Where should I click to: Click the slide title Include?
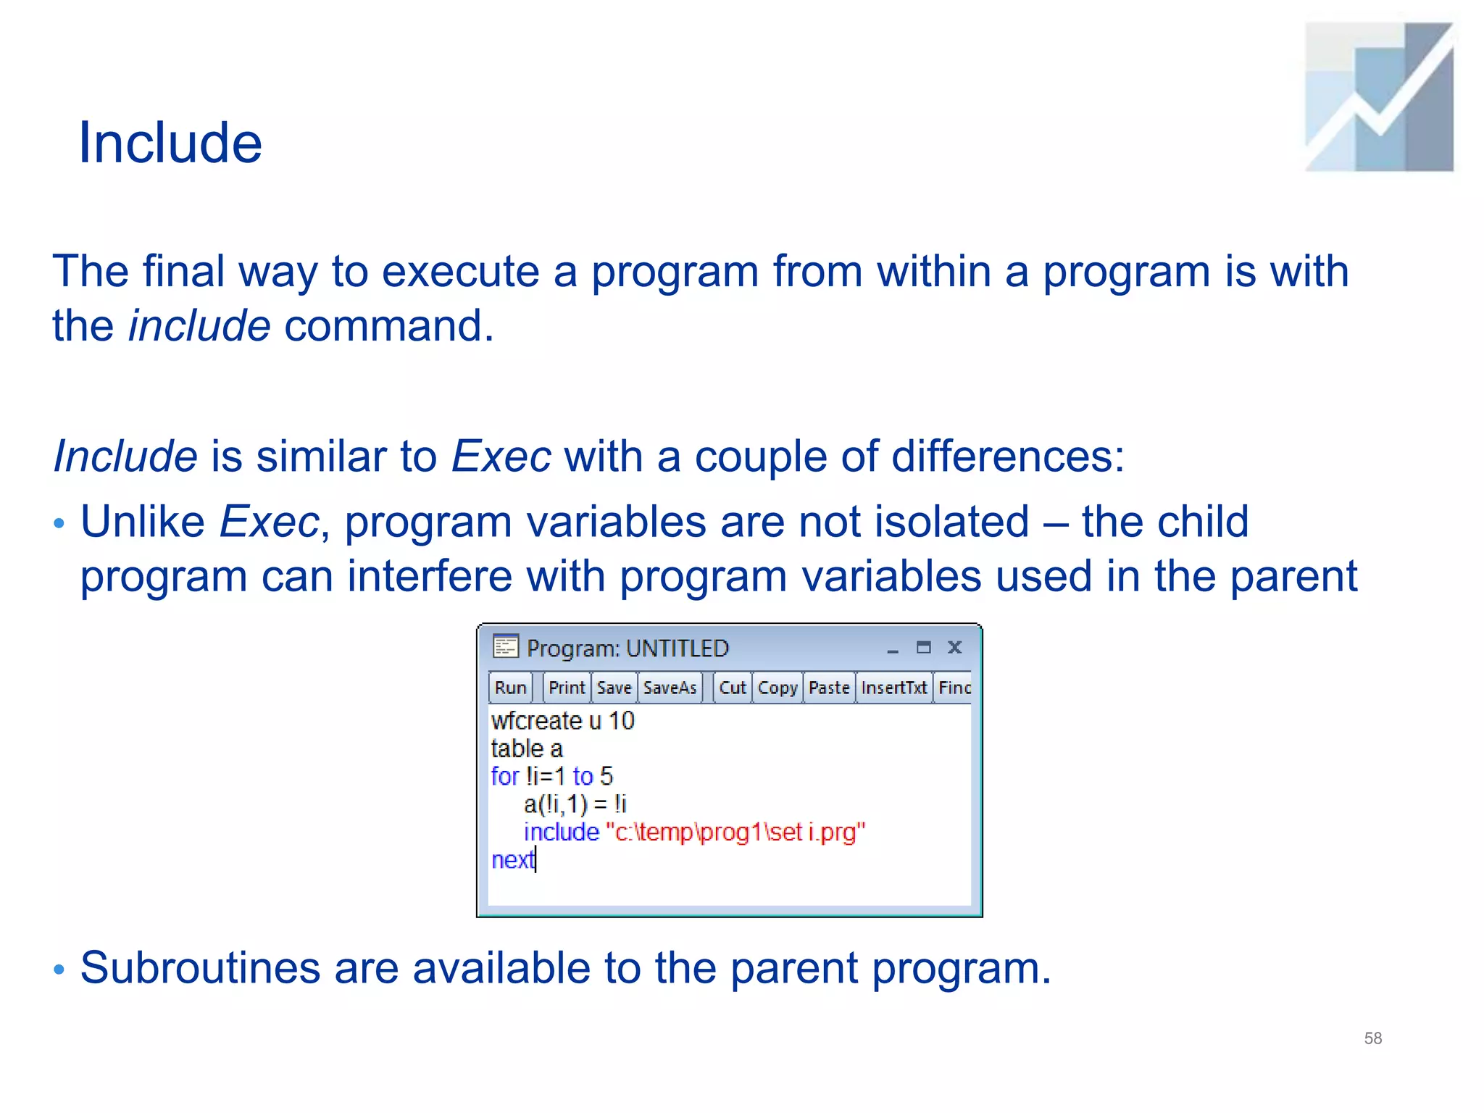pos(170,143)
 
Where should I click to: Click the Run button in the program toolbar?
pos(510,688)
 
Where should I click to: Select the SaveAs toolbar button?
pos(670,688)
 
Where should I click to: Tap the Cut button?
pos(732,688)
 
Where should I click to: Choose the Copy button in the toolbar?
pos(777,688)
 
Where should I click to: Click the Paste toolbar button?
pos(829,688)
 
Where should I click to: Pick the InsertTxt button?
pos(893,688)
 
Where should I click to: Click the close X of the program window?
pos(954,647)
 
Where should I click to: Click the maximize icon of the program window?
pos(923,647)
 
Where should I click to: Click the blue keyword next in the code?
pos(512,860)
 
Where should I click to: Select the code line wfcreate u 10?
pos(562,721)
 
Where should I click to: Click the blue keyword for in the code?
pos(504,777)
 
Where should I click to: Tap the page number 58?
pos(1372,1038)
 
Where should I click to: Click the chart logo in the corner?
pos(1378,97)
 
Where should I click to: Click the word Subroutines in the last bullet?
pos(200,968)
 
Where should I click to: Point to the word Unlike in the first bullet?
pos(143,522)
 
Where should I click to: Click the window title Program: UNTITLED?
pos(628,648)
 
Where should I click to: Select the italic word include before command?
pos(199,325)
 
